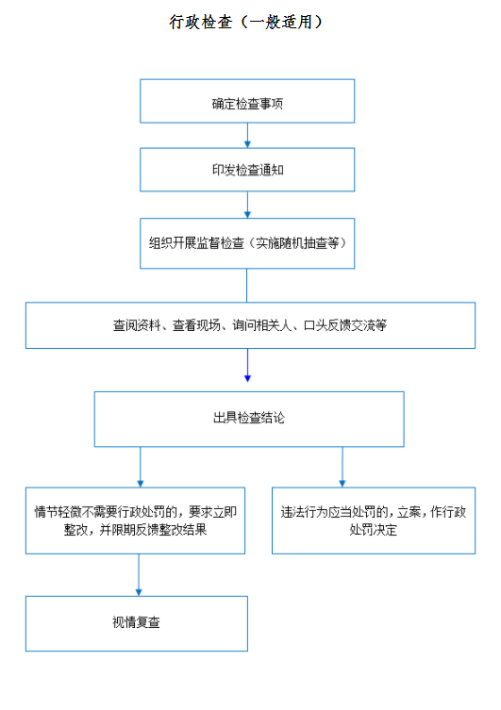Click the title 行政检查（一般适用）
click(245, 22)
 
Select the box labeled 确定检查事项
click(247, 101)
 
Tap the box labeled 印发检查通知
click(247, 170)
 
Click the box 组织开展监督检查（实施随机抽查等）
click(247, 243)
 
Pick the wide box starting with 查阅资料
click(251, 325)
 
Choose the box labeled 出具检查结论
click(249, 420)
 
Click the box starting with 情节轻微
click(136, 520)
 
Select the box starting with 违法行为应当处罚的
click(374, 520)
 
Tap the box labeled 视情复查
click(137, 624)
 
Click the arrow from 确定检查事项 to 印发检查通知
click(247, 136)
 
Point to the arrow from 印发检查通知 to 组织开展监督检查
click(247, 206)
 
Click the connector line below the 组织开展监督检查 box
click(247, 286)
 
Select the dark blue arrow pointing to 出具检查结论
click(247, 366)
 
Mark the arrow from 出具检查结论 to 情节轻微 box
click(141, 468)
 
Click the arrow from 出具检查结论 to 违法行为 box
click(342, 468)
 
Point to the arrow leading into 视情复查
click(139, 575)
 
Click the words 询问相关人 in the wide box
click(262, 325)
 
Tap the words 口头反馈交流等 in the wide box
click(345, 325)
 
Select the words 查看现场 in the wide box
click(196, 325)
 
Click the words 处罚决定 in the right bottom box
click(374, 530)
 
